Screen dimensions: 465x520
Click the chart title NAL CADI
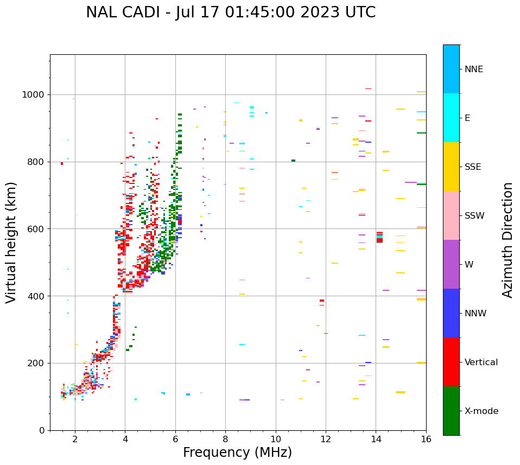tap(231, 12)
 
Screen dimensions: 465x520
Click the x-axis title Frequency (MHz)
tap(237, 453)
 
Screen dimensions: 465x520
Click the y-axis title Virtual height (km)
tap(11, 242)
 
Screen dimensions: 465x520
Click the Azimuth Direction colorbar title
tap(508, 240)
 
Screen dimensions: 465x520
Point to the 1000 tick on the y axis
tap(36, 94)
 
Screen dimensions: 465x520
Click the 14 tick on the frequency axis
tap(376, 439)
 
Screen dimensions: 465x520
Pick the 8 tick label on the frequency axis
tap(225, 439)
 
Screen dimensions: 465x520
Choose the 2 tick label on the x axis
tap(75, 439)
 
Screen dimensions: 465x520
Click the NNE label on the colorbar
tap(473, 69)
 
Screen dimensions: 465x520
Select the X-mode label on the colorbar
tap(481, 411)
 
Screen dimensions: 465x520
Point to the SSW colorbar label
tap(474, 216)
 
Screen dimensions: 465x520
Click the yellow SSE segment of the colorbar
tap(451, 167)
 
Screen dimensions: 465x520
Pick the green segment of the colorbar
tap(451, 411)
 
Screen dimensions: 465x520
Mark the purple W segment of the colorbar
tap(451, 264)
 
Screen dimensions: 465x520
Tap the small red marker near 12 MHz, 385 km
tap(322, 301)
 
